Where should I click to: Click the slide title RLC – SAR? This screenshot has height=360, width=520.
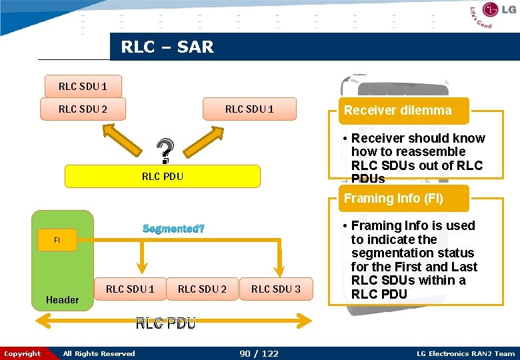point(167,47)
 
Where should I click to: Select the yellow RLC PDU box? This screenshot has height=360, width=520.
point(162,177)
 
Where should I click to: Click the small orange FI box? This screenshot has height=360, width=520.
point(57,240)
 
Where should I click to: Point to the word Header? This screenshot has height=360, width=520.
point(62,300)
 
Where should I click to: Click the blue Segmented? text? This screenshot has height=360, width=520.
point(173,229)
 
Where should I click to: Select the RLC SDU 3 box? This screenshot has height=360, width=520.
point(275,289)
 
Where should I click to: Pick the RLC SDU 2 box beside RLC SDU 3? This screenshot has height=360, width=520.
point(202,289)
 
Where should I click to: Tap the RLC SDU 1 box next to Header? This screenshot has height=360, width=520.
point(129,289)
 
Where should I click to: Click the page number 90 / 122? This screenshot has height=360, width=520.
point(259,353)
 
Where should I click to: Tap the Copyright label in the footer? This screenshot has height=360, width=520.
point(22,353)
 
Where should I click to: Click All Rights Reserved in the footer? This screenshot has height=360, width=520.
point(99,353)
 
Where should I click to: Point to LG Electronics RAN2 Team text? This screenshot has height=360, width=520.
point(465,353)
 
